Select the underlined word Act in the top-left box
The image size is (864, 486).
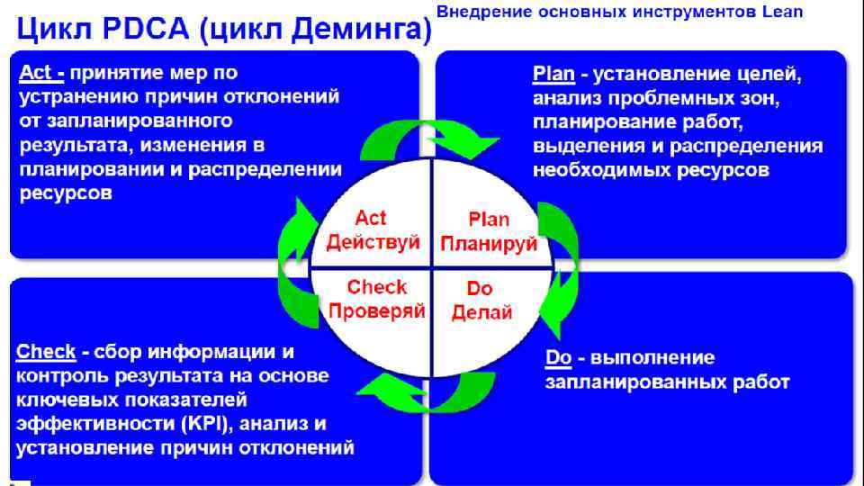pyautogui.click(x=35, y=73)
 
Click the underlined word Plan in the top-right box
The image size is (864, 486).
pyautogui.click(x=553, y=74)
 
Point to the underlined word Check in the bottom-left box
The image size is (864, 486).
pyautogui.click(x=46, y=351)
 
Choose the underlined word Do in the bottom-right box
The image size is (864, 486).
pyautogui.click(x=558, y=358)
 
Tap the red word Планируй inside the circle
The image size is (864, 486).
pyautogui.click(x=489, y=244)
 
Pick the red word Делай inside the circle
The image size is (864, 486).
pyautogui.click(x=481, y=312)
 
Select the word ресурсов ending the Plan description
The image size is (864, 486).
pyautogui.click(x=722, y=169)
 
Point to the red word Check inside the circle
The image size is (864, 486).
pyautogui.click(x=377, y=288)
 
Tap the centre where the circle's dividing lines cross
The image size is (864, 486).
pyautogui.click(x=432, y=268)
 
